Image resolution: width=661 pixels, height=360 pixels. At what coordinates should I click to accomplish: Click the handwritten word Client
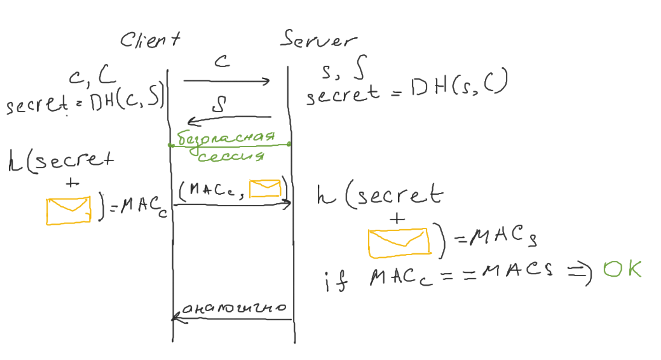pos(150,40)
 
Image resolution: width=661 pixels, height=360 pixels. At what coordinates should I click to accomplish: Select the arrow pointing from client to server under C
pos(226,81)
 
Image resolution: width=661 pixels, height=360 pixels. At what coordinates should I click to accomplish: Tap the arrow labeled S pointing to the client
pos(229,119)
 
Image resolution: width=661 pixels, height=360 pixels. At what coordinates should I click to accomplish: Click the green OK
pos(622,270)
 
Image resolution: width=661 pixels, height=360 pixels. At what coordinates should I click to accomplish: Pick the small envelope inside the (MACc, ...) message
pos(265,189)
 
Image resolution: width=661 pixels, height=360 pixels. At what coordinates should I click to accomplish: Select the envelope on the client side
pos(69,210)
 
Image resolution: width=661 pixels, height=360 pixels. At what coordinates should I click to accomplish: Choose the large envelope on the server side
pos(399,241)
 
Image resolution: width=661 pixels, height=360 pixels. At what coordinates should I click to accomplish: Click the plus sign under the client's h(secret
pos(71,184)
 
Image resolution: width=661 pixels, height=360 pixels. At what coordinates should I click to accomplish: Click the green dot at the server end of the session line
pos(289,144)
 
